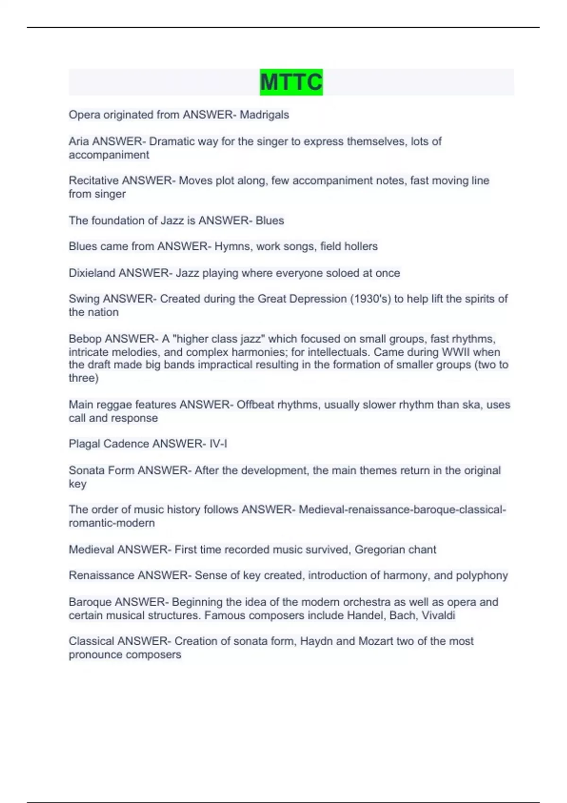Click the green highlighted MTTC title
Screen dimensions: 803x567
(x=291, y=82)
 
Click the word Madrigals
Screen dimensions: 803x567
(x=264, y=115)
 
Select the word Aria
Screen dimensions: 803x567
(x=79, y=141)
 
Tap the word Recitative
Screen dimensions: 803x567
(x=94, y=180)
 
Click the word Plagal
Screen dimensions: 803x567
(x=84, y=444)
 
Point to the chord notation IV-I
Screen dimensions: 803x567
(x=218, y=444)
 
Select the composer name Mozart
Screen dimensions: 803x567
(x=376, y=641)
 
